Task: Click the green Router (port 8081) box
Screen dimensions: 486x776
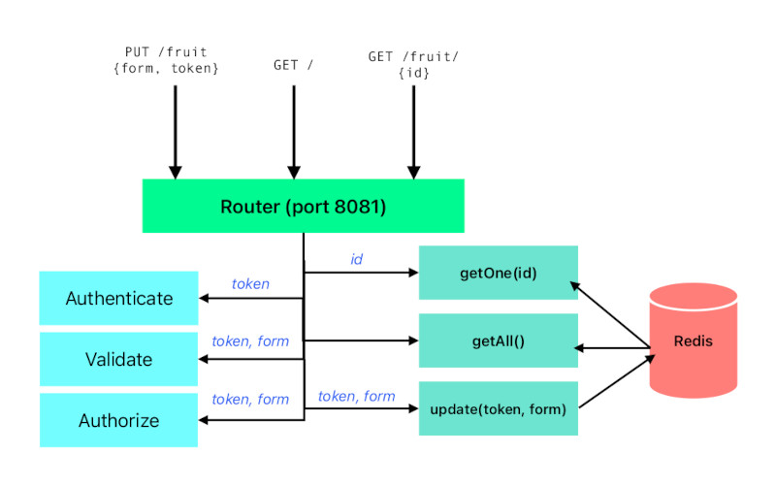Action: pos(303,206)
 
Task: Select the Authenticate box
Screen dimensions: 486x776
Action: pos(118,299)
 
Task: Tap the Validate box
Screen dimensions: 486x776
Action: pos(118,359)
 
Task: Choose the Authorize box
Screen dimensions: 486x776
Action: pos(118,420)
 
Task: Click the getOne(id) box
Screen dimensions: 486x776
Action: pos(498,273)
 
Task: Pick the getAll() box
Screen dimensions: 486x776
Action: pos(498,340)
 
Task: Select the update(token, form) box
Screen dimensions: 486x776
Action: pos(498,408)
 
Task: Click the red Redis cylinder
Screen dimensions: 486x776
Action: pos(693,340)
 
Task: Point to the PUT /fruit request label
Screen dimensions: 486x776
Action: pos(166,60)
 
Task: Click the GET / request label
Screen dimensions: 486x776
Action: pos(294,66)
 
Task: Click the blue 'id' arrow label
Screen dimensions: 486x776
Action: pos(356,260)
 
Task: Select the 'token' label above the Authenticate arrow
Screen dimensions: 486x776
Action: pos(250,284)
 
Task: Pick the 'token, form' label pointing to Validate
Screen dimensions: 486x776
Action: pos(250,341)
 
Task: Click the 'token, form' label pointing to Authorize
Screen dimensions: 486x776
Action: pos(250,400)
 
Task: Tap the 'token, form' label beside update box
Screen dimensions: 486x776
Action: pos(356,396)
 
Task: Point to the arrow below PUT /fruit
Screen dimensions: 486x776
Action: pos(176,131)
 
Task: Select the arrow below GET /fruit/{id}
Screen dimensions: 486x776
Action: pos(414,131)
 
